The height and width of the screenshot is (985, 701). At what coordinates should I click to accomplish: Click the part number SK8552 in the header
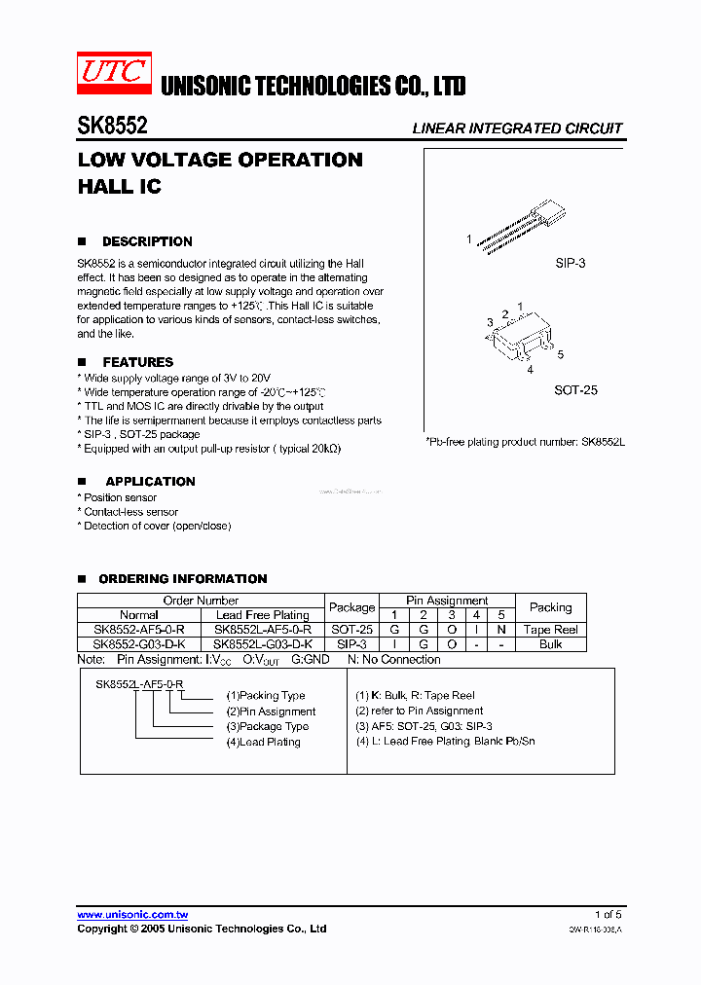click(x=112, y=127)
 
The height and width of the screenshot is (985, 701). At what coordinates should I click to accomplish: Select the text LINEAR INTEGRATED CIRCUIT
click(x=517, y=128)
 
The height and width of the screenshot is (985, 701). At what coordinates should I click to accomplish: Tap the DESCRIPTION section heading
click(x=147, y=241)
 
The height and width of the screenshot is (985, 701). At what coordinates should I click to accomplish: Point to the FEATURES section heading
click(x=137, y=362)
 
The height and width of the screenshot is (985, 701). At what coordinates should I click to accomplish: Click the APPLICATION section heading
click(x=150, y=481)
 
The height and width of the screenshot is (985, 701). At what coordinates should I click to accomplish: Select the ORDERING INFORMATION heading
click(x=182, y=578)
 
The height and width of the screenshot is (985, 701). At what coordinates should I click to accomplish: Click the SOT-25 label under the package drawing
click(x=575, y=390)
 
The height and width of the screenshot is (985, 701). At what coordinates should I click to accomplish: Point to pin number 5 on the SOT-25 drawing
click(x=560, y=355)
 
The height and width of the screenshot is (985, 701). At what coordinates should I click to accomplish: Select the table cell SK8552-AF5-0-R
click(x=139, y=630)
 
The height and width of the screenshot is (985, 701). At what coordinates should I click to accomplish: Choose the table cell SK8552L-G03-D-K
click(x=263, y=644)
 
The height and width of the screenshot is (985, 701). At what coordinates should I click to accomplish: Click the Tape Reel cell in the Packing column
click(x=550, y=630)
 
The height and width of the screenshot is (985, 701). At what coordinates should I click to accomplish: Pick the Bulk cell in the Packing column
click(x=550, y=644)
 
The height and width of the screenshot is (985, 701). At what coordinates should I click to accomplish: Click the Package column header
click(x=351, y=607)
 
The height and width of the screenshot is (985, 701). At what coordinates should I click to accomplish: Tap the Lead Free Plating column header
click(x=263, y=615)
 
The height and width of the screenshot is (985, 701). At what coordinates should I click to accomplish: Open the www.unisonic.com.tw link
click(x=132, y=915)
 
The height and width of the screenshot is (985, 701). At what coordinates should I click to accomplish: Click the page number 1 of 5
click(x=608, y=915)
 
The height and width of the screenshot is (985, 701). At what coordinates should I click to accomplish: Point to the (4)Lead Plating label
click(x=263, y=742)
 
